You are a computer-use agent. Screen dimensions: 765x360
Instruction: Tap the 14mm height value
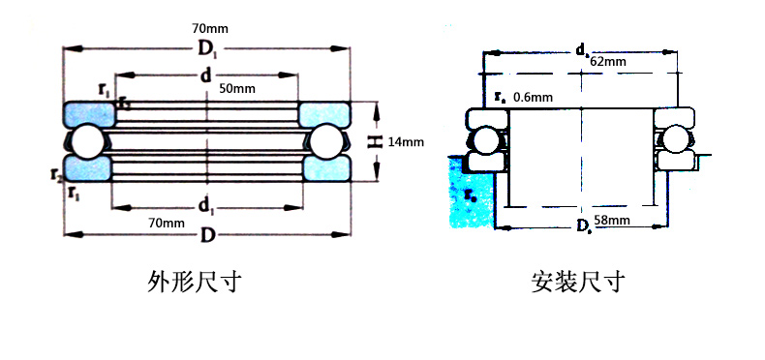pos(407,142)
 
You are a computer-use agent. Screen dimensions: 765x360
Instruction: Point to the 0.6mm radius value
pos(533,96)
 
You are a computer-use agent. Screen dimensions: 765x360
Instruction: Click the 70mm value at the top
pos(204,29)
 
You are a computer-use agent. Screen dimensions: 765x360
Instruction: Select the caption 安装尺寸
pos(578,282)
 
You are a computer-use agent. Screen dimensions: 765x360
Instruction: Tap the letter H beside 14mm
pos(376,142)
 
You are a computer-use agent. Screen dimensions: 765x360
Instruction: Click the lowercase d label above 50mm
pos(205,76)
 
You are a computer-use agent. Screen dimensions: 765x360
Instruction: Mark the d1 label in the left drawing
pos(205,204)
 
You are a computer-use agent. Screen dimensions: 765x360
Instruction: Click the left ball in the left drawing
pos(84,141)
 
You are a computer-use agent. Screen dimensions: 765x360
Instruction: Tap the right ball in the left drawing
pos(325,141)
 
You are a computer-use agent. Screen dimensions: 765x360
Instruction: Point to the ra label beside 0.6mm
pos(500,96)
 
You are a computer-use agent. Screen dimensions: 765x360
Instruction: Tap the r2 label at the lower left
pos(58,175)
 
